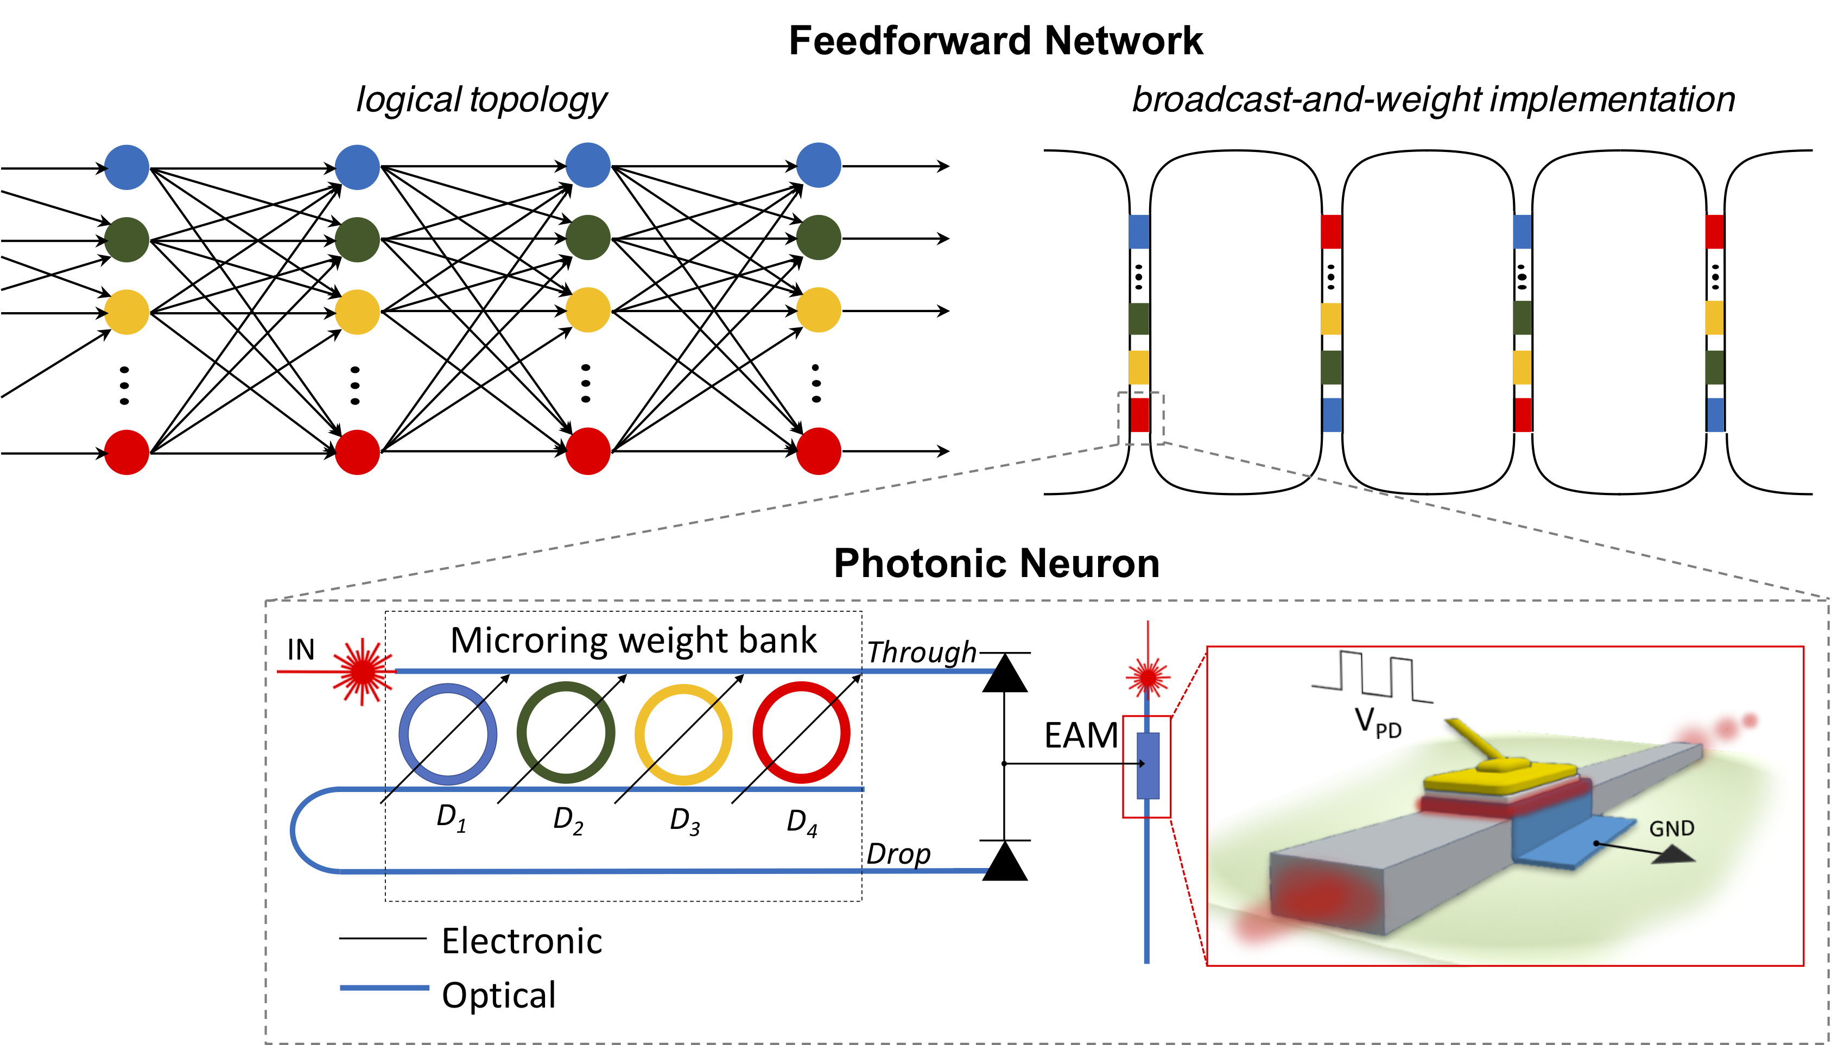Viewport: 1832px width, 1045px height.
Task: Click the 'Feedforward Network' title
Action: click(x=996, y=40)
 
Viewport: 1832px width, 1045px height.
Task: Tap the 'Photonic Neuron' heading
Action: click(x=997, y=563)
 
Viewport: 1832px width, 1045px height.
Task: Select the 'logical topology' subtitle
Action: click(x=481, y=100)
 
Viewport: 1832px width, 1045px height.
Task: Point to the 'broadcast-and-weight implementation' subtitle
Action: click(x=1434, y=100)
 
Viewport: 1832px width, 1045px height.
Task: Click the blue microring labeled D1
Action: click(x=448, y=733)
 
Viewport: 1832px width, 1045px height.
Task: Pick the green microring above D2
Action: click(x=566, y=732)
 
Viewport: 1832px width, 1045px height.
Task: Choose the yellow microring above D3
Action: click(x=683, y=733)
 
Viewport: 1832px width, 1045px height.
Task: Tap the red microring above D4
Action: click(x=801, y=732)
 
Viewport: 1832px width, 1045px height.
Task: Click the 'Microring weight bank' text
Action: click(x=633, y=640)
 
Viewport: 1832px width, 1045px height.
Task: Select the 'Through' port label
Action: click(x=921, y=651)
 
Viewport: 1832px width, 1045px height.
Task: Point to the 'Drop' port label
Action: click(x=898, y=854)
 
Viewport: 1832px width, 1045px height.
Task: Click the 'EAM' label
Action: click(x=1081, y=736)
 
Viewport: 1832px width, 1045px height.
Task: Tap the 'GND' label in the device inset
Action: click(x=1672, y=829)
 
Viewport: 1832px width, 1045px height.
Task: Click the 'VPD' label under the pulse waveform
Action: click(x=1378, y=721)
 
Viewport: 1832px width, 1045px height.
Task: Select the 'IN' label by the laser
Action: click(x=301, y=650)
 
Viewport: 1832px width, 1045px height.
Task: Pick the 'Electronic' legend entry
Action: click(x=522, y=941)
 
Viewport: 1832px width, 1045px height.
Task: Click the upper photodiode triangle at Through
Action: click(x=1005, y=673)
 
